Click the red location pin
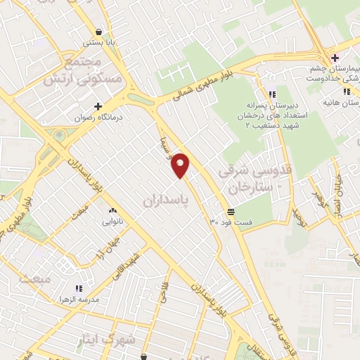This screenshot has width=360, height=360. coord(181,164)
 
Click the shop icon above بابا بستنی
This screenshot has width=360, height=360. coord(100,32)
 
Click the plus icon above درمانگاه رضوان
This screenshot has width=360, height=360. coord(98,105)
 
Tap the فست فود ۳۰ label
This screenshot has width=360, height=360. coord(231,222)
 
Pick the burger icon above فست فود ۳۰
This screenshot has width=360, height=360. coord(231,211)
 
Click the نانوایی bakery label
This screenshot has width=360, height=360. coord(112,222)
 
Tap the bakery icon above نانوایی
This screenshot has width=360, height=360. coord(112,210)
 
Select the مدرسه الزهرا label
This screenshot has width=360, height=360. coord(79,300)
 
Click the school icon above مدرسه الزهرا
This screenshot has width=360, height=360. coord(79,288)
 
